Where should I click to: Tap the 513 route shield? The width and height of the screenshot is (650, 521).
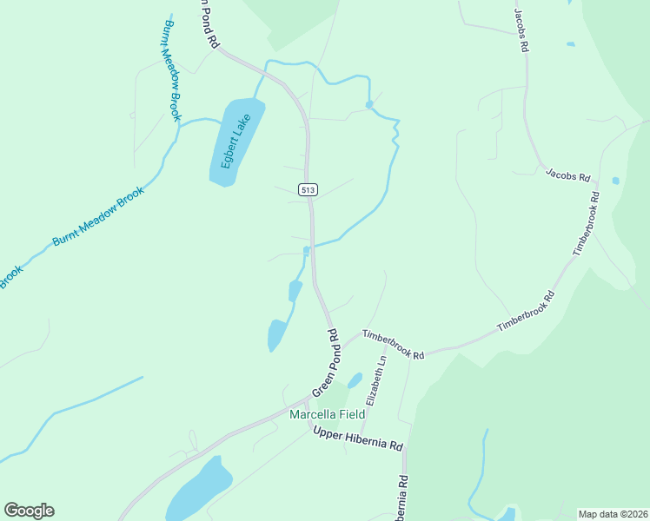click(x=307, y=189)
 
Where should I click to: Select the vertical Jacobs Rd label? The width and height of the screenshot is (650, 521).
click(x=521, y=32)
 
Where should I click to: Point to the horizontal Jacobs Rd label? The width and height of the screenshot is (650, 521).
click(x=568, y=174)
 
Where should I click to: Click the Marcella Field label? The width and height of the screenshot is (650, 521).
click(x=328, y=414)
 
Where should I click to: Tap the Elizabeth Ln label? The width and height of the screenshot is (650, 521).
click(x=375, y=382)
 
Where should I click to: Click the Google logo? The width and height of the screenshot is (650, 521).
click(x=29, y=510)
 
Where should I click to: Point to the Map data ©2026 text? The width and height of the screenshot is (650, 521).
click(x=613, y=513)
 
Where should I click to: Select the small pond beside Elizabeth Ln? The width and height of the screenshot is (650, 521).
click(x=355, y=380)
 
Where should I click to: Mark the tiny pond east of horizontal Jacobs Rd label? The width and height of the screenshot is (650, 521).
click(x=615, y=181)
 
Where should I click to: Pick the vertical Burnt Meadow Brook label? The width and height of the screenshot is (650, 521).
click(x=169, y=70)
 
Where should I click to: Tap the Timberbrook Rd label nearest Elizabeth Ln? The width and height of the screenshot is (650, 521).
click(x=393, y=345)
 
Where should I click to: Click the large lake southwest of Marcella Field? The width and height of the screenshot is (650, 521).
click(x=200, y=488)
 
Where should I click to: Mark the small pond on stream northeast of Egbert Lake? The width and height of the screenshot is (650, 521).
click(x=369, y=104)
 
